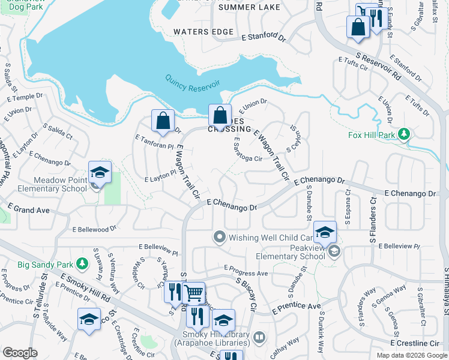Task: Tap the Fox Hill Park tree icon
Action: tap(405, 133)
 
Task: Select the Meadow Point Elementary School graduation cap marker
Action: tap(99, 174)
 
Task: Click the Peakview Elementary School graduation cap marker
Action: tap(325, 233)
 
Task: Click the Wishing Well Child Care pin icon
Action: tap(220, 237)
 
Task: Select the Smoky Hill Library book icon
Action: tap(259, 338)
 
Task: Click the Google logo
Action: tap(19, 353)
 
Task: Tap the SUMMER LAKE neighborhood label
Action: tap(241, 7)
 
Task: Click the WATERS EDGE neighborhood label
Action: tap(203, 31)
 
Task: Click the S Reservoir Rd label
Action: tap(378, 67)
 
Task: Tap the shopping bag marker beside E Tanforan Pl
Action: tap(163, 121)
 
